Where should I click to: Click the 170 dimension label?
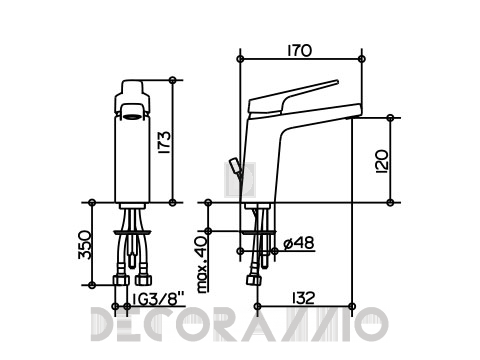pyautogui.click(x=300, y=51)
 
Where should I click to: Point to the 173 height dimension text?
pyautogui.click(x=164, y=142)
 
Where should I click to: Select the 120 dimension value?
pyautogui.click(x=382, y=162)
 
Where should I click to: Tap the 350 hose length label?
pyautogui.click(x=85, y=245)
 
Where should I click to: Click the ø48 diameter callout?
pyautogui.click(x=299, y=243)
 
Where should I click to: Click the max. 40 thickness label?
pyautogui.click(x=202, y=264)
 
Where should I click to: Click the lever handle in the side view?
pyautogui.click(x=293, y=97)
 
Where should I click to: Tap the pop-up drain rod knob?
pyautogui.click(x=233, y=166)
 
